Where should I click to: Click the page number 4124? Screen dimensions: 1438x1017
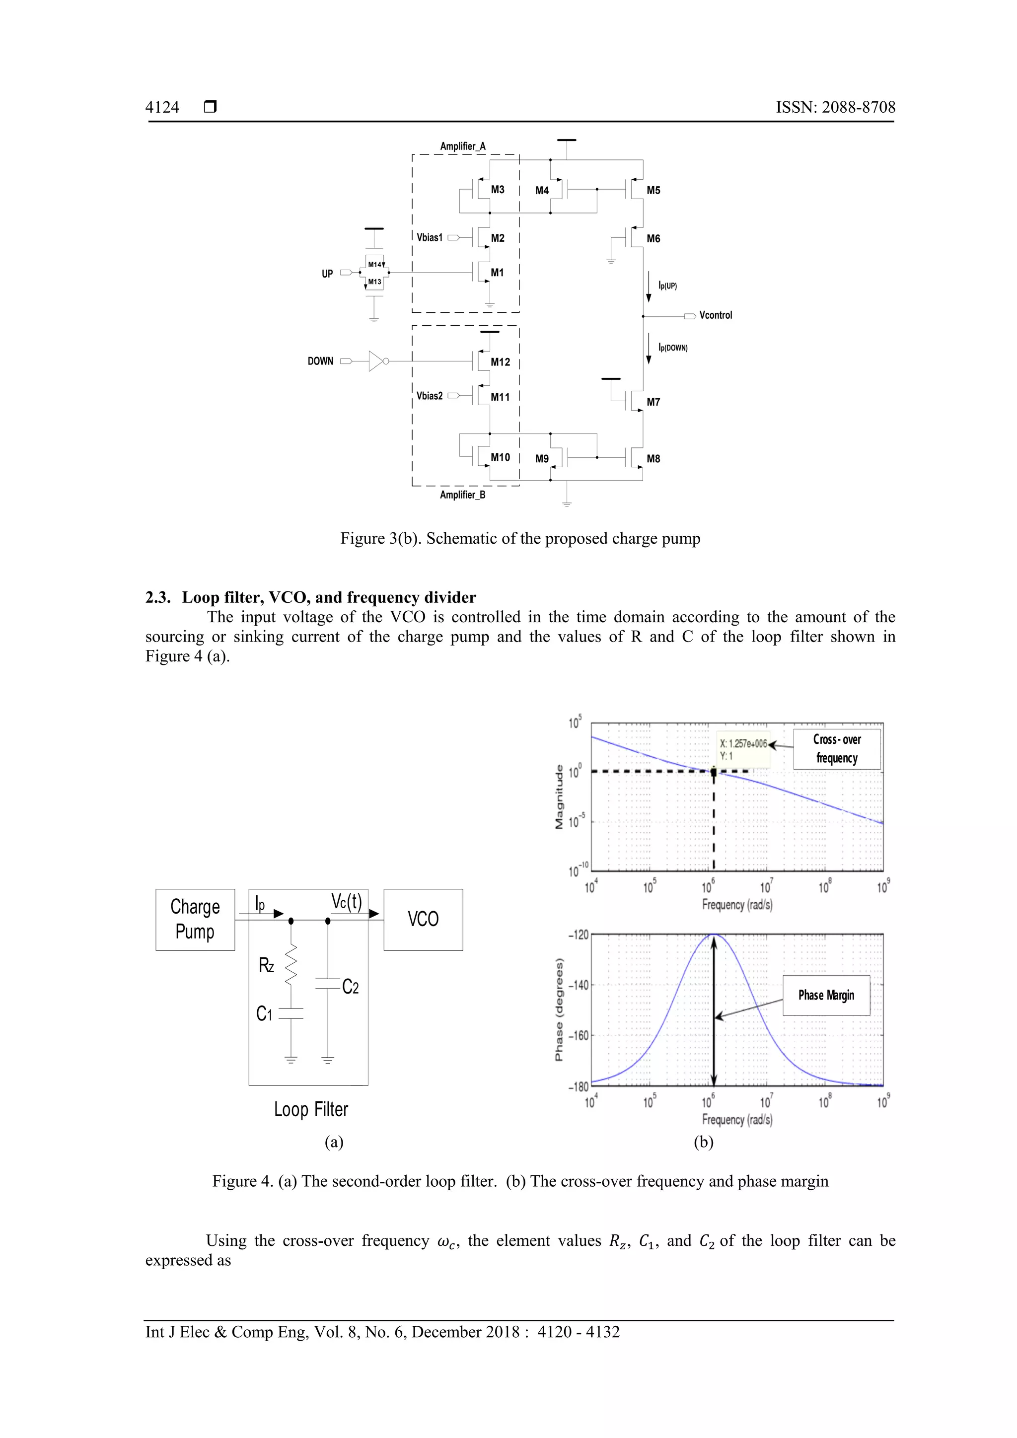click(x=162, y=107)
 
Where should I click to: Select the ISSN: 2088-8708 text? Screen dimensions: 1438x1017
click(x=835, y=107)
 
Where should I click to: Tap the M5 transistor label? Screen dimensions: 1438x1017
click(x=653, y=190)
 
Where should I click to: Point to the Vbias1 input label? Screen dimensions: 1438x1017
click(x=430, y=238)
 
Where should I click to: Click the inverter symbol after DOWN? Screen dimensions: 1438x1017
click(x=377, y=361)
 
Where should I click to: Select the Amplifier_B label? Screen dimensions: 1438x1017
click(x=462, y=495)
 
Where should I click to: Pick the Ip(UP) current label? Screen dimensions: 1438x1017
click(x=667, y=286)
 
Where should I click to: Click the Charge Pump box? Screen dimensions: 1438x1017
click(x=195, y=920)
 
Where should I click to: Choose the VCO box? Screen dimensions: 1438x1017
click(x=423, y=920)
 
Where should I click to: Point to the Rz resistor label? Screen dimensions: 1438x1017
click(x=266, y=966)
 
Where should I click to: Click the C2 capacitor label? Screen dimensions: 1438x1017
click(x=351, y=988)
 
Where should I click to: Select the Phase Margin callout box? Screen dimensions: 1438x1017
click(x=826, y=995)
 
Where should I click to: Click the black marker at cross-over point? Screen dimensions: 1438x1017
click(x=714, y=772)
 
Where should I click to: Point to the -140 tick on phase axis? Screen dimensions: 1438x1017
click(x=579, y=985)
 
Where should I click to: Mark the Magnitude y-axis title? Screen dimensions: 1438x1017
click(x=559, y=797)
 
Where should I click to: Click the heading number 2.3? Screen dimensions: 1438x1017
click(x=158, y=597)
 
